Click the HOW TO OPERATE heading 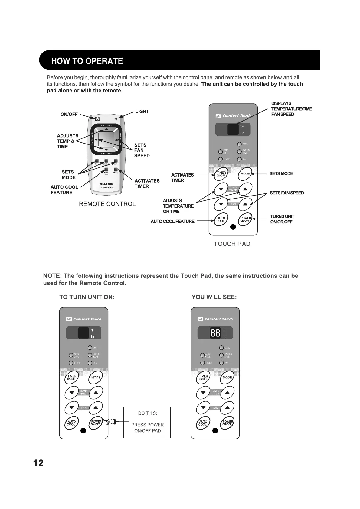[87, 61]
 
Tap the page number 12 [38, 463]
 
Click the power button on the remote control [97, 119]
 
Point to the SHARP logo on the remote [106, 184]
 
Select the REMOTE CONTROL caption [107, 204]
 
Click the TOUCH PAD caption [232, 244]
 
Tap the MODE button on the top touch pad [245, 174]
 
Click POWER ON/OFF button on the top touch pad [245, 219]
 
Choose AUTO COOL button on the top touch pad [221, 219]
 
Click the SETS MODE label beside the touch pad [281, 173]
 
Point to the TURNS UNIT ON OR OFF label [282, 219]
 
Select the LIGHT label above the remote [142, 112]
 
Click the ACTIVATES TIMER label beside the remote [147, 183]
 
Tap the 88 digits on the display [215, 333]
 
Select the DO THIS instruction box [147, 422]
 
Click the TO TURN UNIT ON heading [87, 297]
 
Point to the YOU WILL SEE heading [214, 297]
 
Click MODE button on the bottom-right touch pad [227, 377]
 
